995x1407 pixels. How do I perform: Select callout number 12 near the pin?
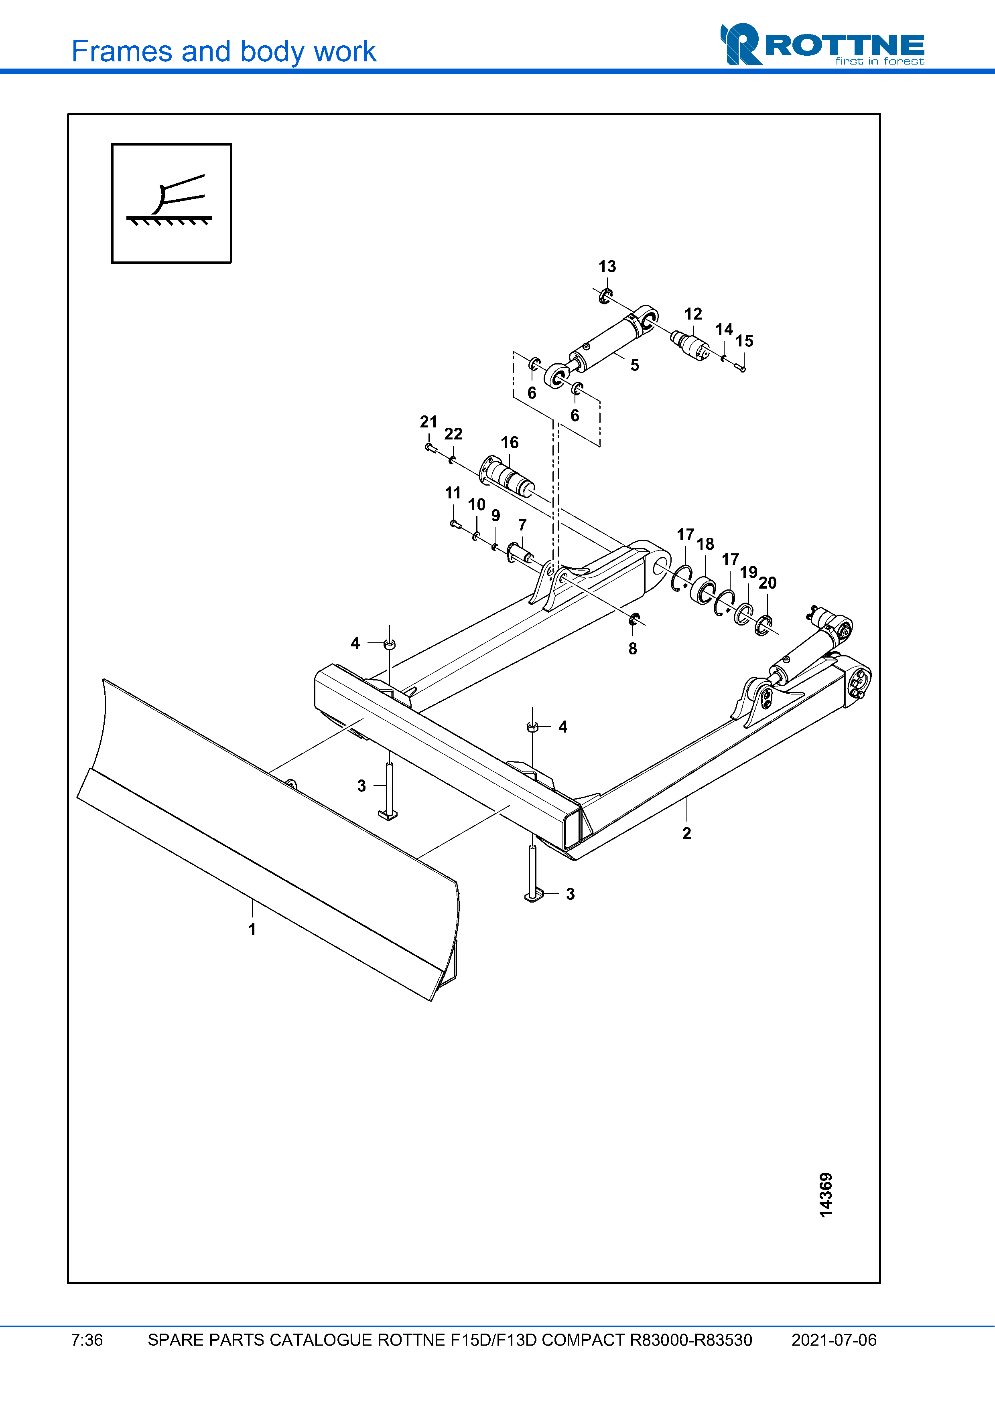693,314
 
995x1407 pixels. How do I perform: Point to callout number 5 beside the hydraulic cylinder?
635,365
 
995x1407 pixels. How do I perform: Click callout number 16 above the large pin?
510,442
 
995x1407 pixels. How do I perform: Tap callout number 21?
428,421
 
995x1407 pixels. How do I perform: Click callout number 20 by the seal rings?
767,583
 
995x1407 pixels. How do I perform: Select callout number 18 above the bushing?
705,544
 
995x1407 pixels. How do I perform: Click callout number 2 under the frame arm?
686,834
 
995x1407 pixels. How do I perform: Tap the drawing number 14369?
826,1194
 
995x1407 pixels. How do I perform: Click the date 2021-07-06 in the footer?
833,1340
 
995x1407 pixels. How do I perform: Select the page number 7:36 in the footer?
87,1340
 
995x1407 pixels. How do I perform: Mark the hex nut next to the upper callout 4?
389,644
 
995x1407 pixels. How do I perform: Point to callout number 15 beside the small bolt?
744,341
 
